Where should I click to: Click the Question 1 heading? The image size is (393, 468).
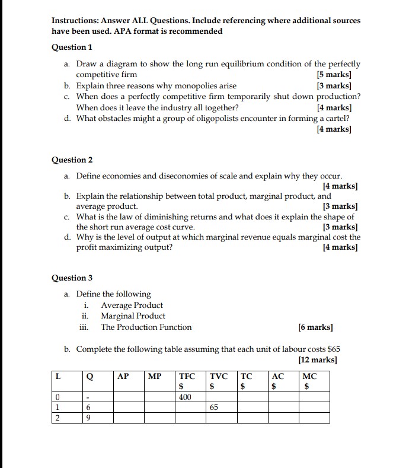(72, 47)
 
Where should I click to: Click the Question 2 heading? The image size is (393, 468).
(72, 160)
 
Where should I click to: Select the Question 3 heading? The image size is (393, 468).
(72, 278)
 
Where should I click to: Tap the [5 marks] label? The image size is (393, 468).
(334, 75)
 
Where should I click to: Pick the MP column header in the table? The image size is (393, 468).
(154, 376)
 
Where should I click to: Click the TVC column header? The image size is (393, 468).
(219, 376)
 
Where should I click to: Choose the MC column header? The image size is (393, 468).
(309, 376)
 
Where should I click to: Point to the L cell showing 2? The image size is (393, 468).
(57, 418)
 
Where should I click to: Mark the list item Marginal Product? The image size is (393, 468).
(133, 316)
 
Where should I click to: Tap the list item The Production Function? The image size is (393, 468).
(146, 327)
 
